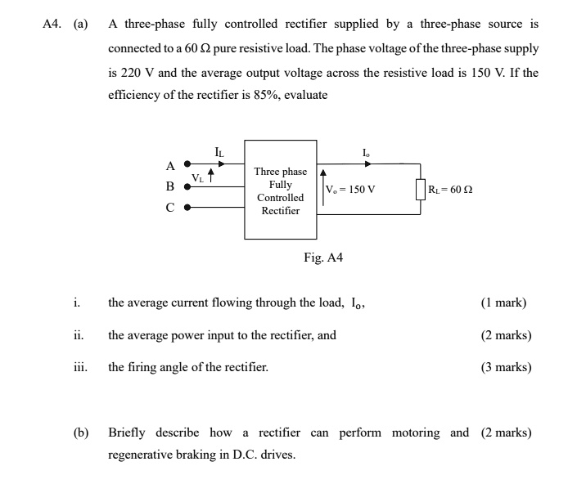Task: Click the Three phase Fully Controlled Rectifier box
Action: coord(280,191)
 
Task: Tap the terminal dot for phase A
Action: coord(187,164)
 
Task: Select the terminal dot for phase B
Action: coord(187,186)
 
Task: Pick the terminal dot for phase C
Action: coord(187,208)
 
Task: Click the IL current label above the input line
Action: coord(218,151)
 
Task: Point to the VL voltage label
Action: coord(197,177)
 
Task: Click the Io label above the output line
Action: coord(365,151)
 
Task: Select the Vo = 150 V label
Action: coord(350,190)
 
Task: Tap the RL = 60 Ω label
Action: coord(450,190)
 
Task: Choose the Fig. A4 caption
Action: coord(323,258)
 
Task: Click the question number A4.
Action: coord(53,24)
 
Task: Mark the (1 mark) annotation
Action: coord(503,303)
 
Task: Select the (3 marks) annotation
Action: coord(506,367)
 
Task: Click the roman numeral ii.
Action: coord(78,335)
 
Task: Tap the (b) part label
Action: coord(81,432)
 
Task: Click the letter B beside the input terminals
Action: coord(170,186)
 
